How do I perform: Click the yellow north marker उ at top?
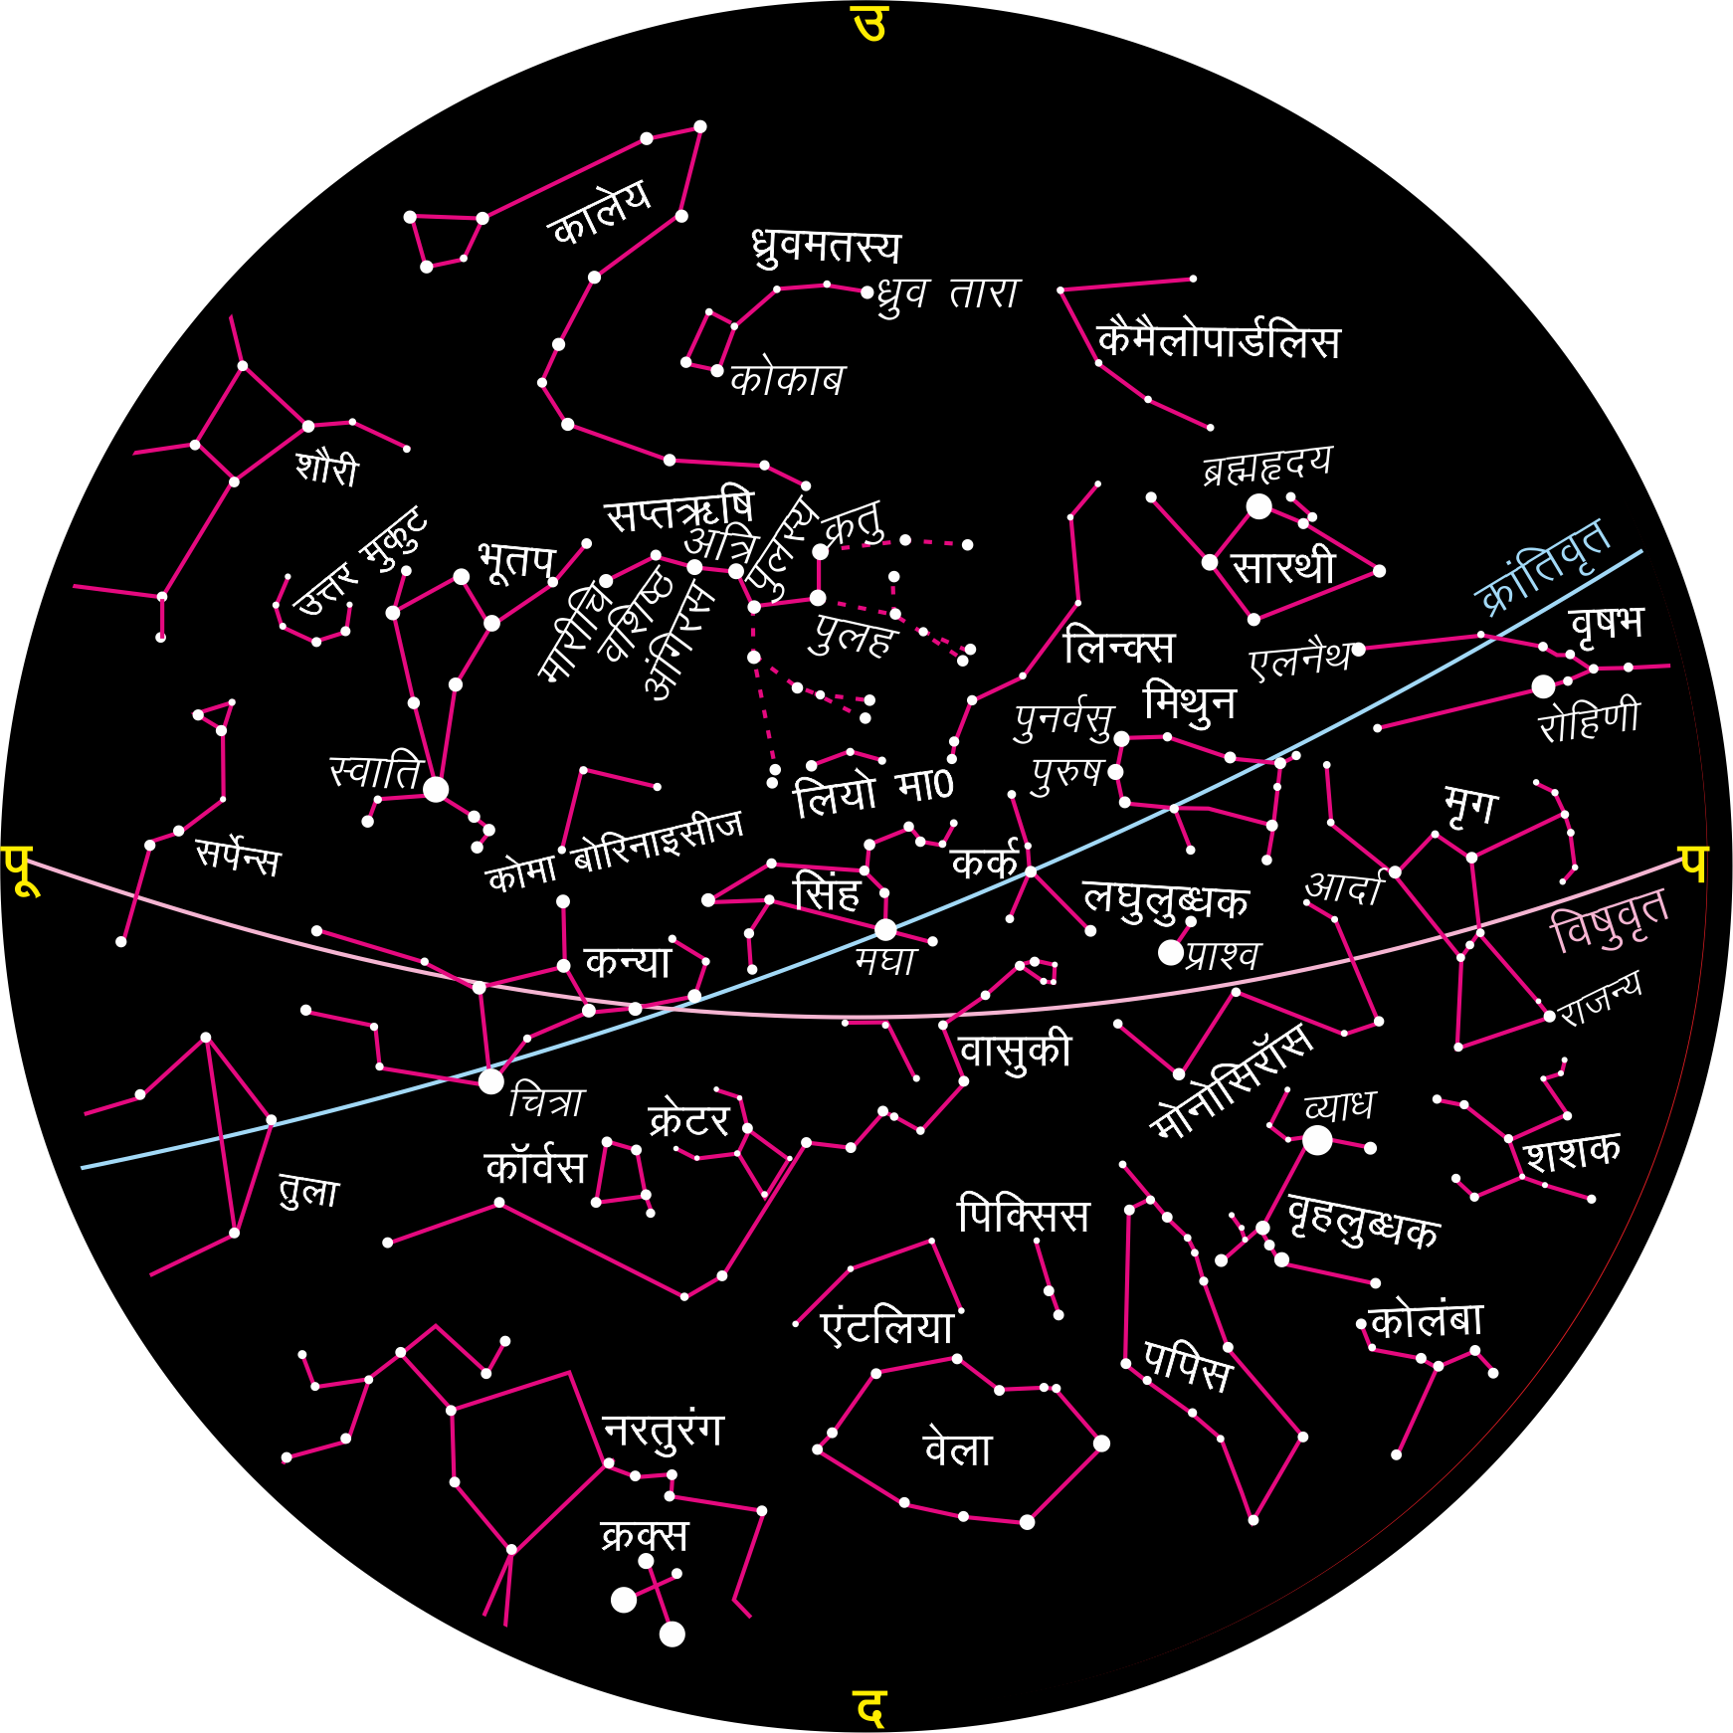[868, 24]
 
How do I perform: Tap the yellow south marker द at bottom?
[868, 1707]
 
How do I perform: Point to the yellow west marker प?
[1694, 864]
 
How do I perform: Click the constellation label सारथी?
[1283, 567]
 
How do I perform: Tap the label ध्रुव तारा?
[949, 294]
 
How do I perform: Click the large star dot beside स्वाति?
[436, 790]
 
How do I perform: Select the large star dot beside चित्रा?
[491, 1081]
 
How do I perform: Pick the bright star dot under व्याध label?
[1317, 1141]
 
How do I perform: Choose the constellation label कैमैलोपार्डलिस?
[1219, 341]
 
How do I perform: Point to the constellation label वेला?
[958, 1448]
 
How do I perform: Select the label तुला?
[309, 1191]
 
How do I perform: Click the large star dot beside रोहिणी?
[1543, 686]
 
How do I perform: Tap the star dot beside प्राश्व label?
[1171, 952]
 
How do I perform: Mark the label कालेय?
[600, 212]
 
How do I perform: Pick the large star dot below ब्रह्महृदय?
[1259, 506]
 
